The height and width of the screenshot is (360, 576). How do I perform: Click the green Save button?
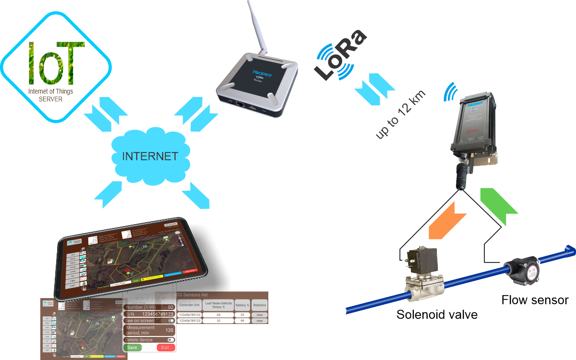point(132,347)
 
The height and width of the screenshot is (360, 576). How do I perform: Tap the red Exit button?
point(166,347)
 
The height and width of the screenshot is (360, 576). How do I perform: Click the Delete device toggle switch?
point(170,339)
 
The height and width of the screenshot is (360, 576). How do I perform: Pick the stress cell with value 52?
point(218,321)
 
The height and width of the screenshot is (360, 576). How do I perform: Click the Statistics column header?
point(259,304)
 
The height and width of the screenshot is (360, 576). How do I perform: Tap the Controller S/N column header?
point(189,304)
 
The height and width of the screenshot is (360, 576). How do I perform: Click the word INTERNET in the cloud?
point(150,156)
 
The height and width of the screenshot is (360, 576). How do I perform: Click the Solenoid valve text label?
point(437,315)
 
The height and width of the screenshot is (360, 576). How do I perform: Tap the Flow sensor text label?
point(535,300)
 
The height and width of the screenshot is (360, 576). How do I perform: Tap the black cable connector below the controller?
point(463,173)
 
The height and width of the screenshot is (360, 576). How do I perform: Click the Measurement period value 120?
point(168,330)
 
